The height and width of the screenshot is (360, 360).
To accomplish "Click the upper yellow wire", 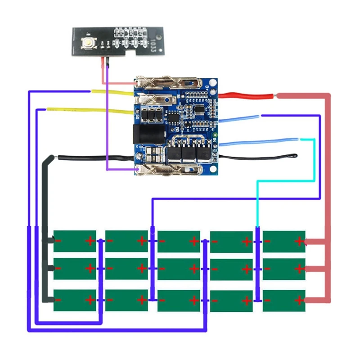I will point(112,93).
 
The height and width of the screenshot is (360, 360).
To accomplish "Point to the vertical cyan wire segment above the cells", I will point(257,202).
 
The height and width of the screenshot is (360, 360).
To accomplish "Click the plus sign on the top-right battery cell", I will point(299,241).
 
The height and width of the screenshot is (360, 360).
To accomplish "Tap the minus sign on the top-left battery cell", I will point(59,241).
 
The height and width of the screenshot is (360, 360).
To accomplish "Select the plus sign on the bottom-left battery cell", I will point(90,300).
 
